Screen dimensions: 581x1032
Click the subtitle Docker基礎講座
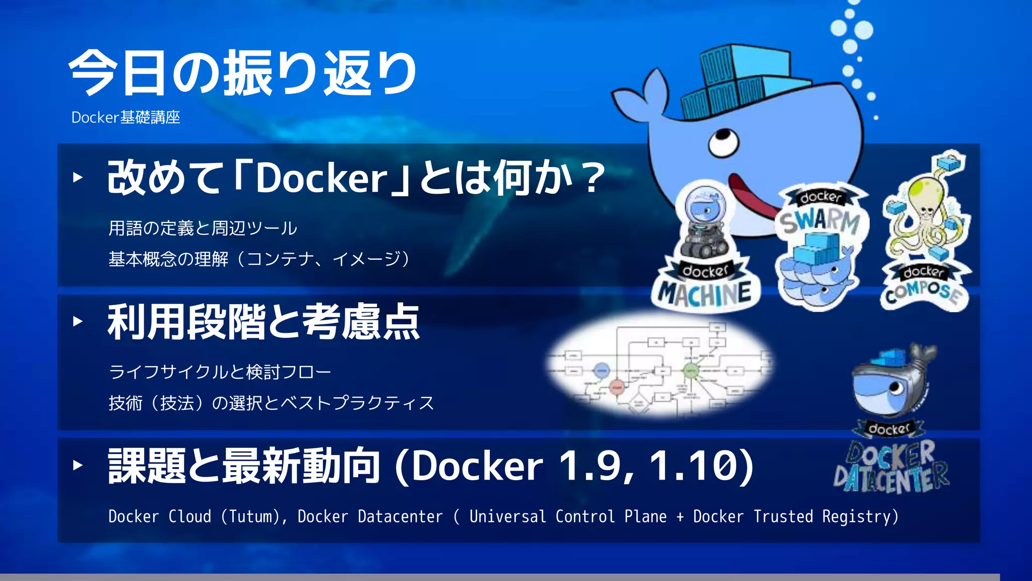pos(126,118)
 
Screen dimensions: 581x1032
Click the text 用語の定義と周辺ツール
pos(203,228)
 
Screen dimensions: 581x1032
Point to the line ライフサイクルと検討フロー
pos(220,372)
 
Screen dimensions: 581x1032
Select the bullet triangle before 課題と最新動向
pos(78,465)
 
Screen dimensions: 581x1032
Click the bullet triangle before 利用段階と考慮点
pos(78,321)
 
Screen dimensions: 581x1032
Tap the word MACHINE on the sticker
pos(705,294)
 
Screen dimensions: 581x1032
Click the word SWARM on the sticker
pos(820,221)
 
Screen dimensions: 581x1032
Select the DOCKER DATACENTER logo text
pos(891,467)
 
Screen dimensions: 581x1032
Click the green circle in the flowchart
pos(690,371)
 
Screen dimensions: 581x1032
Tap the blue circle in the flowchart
pos(602,371)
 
